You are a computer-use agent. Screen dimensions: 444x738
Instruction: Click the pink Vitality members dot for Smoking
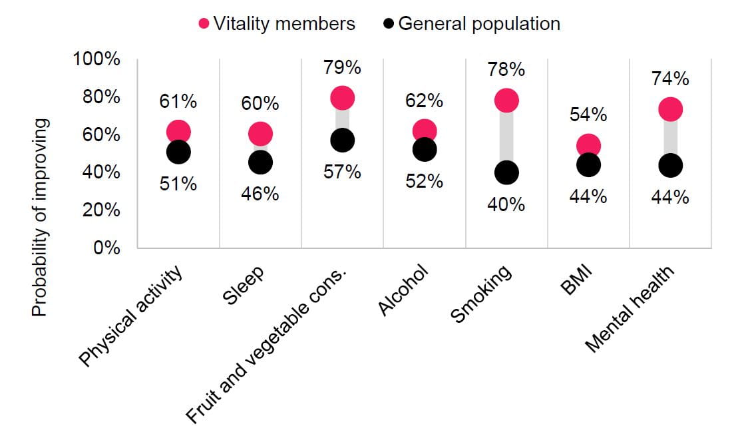506,101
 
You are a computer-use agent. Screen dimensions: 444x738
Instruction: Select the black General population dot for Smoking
506,172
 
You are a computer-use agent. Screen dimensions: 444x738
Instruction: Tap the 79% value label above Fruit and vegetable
342,68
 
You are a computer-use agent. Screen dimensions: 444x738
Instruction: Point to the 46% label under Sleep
260,194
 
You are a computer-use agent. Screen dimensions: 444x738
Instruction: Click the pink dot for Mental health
670,109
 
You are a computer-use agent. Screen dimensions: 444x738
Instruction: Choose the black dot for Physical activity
178,152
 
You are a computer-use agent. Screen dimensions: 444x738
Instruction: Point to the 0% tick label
106,248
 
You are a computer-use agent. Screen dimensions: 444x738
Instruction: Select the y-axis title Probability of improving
41,218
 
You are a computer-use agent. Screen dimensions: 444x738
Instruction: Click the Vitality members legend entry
277,24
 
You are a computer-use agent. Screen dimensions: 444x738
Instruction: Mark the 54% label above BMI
588,114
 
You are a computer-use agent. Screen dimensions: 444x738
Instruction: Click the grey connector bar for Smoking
506,136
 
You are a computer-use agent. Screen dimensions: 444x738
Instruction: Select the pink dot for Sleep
260,134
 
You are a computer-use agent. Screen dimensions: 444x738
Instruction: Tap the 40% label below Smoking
506,204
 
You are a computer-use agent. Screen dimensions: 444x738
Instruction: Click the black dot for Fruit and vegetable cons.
342,140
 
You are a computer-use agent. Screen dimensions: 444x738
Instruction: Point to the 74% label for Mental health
670,79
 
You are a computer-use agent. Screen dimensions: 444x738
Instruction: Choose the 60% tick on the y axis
104,134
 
